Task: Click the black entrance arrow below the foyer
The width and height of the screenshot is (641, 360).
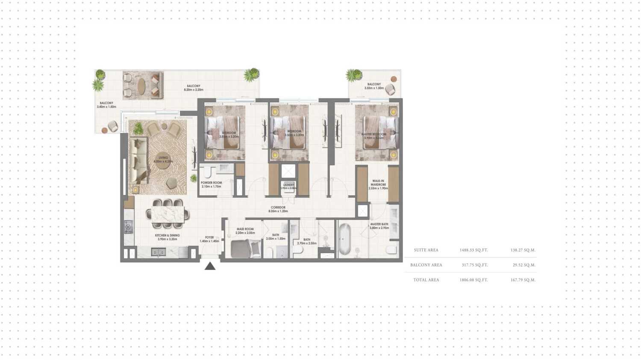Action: [210, 266]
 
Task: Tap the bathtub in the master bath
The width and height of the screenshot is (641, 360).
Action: [344, 239]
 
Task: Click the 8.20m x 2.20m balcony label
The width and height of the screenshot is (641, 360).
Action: [194, 88]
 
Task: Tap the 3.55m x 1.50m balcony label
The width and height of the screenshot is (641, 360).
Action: [373, 86]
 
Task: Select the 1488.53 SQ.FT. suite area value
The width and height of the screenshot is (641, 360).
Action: [473, 250]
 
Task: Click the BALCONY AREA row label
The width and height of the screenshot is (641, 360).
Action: [426, 265]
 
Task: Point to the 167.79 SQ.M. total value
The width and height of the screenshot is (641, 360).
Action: [523, 280]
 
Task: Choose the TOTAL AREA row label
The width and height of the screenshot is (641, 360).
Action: [426, 280]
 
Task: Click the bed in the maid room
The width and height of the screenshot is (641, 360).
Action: [246, 248]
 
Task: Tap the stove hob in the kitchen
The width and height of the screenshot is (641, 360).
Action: [129, 227]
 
